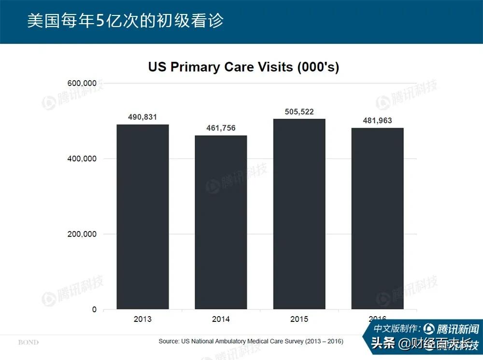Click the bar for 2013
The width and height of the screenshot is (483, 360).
tap(142, 217)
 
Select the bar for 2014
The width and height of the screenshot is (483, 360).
tap(221, 222)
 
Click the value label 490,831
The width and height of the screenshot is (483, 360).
tap(142, 117)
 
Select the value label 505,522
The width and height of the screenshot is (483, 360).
tap(299, 111)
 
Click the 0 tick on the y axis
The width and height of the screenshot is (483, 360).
tap(94, 309)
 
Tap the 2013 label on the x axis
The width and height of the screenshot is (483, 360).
tap(142, 319)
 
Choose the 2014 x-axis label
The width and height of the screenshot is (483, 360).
tap(221, 319)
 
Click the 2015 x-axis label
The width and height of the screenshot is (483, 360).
tap(299, 319)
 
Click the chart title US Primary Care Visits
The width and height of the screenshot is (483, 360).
tap(243, 67)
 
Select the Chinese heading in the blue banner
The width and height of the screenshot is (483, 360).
tap(125, 21)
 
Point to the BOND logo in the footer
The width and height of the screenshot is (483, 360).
tap(28, 342)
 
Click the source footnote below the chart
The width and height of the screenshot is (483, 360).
tap(251, 341)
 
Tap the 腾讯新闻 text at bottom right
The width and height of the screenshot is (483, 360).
tap(457, 329)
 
